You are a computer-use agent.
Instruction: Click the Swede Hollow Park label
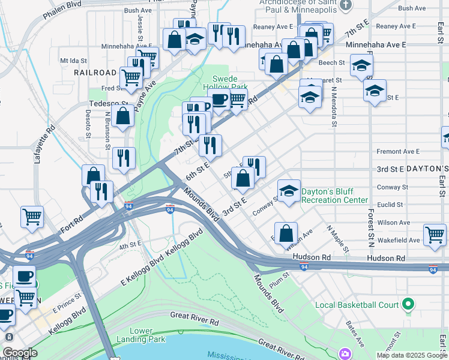[229, 83]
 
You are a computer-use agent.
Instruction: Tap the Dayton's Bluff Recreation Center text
[334, 196]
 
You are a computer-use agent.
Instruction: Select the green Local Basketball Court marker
[409, 304]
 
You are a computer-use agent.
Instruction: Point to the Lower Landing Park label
[148, 335]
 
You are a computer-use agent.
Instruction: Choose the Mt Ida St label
[73, 61]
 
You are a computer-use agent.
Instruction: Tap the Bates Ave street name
[355, 334]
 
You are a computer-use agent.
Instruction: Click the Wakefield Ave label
[399, 240]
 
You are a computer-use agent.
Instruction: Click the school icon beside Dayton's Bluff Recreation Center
[289, 191]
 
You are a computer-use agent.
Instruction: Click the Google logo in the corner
[20, 353]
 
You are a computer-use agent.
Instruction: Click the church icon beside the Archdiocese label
[345, 5]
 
